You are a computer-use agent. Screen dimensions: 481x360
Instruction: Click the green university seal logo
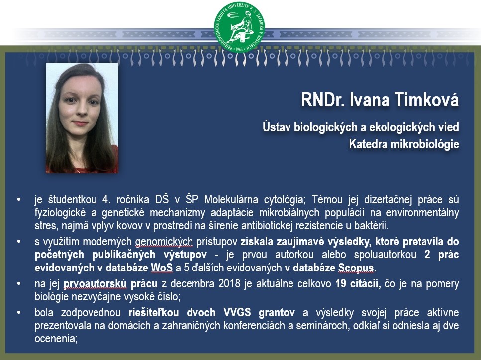(240, 27)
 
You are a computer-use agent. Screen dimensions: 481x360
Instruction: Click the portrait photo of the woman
(82, 118)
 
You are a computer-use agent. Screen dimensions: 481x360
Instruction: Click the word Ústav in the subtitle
(277, 127)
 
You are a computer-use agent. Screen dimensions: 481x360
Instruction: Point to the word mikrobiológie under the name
(425, 144)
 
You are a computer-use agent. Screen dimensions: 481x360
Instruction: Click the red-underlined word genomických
(164, 242)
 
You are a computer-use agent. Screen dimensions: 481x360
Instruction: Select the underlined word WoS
(162, 268)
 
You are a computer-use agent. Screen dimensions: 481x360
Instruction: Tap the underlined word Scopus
(356, 268)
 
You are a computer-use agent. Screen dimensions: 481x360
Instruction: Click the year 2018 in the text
(229, 283)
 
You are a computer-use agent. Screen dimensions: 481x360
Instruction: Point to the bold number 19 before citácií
(341, 283)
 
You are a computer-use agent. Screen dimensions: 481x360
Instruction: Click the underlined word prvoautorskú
(95, 284)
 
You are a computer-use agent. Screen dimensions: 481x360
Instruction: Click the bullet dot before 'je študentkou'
(19, 200)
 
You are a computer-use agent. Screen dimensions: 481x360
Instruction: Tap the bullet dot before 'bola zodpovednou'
(19, 313)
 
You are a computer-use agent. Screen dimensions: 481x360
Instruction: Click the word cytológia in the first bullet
(285, 200)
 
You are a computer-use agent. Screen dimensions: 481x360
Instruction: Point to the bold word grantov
(277, 312)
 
